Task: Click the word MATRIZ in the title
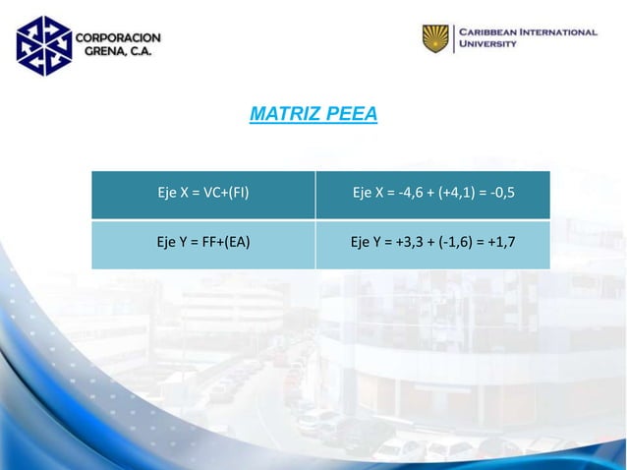tap(285, 115)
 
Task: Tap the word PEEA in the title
tap(351, 115)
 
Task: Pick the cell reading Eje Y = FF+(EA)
tap(203, 243)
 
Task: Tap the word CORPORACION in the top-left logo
tap(119, 37)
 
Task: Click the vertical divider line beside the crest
tap(454, 39)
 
